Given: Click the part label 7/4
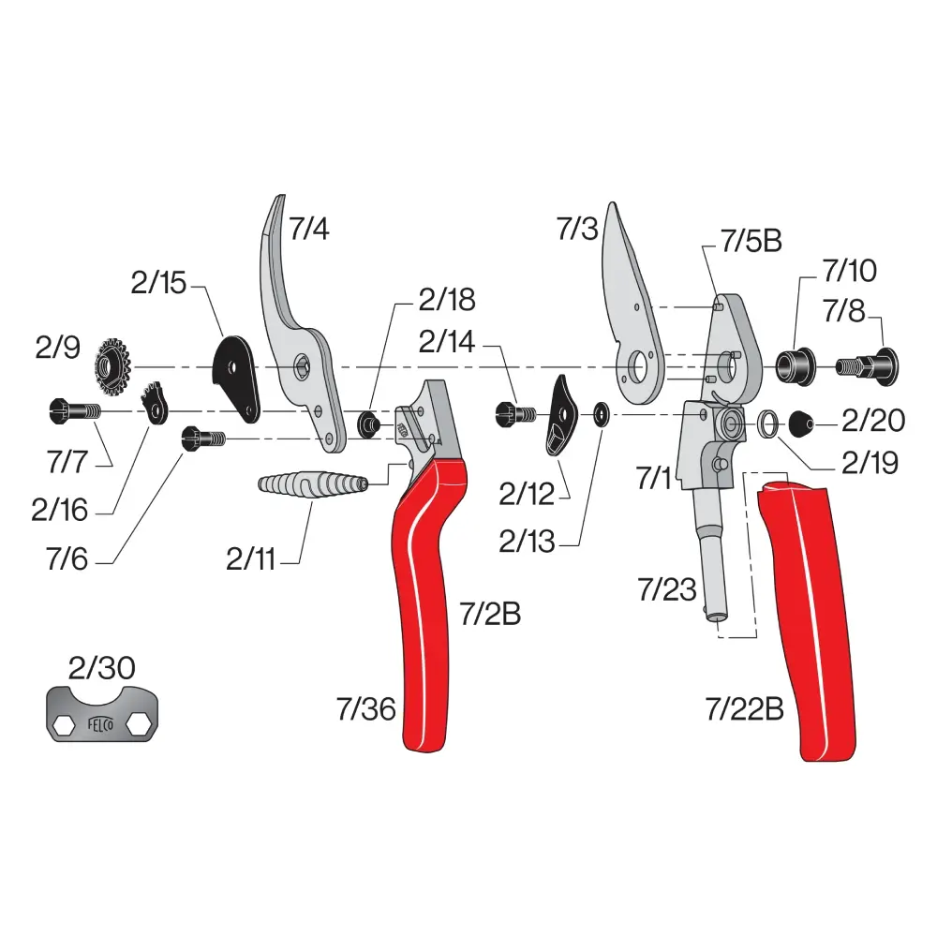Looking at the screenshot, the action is pos(309,229).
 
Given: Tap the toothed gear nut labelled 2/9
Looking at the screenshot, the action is pos(112,367).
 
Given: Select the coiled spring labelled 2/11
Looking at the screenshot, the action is pos(313,483).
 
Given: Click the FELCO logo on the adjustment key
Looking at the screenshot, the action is pos(100,725).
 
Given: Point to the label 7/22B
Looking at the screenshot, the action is pos(745,709).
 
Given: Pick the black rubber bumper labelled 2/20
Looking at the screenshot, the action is pos(801,424).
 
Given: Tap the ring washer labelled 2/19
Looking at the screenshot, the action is pos(768,424).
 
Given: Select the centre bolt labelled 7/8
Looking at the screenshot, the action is pos(867,365).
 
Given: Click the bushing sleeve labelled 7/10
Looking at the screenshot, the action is pos(796,365).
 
